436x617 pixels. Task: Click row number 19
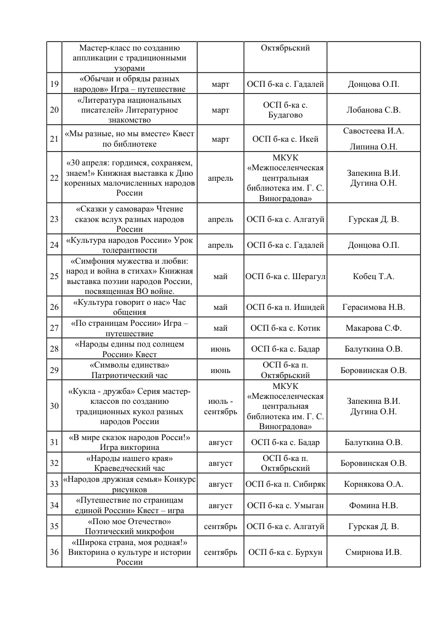pos(54,85)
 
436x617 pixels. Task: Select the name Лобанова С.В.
pos(373,110)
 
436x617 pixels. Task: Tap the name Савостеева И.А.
pos(373,131)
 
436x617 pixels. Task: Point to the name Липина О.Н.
pos(373,147)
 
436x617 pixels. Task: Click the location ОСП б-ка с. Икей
pos(285,139)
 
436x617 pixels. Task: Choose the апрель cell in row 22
pos(220,179)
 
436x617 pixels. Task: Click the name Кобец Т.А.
pos(373,276)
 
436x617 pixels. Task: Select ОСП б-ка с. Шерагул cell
pos(285,276)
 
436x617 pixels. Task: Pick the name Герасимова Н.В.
pos(373,307)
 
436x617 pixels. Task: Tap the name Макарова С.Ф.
pos(373,328)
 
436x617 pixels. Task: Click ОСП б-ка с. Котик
pos(285,328)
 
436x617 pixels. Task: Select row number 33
pos(54,484)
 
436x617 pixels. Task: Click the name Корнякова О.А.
pos(373,484)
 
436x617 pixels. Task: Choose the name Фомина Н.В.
pos(373,505)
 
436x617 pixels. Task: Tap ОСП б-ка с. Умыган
pos(285,505)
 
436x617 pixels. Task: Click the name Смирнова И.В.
pos(373,552)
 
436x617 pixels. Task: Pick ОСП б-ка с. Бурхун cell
pos(285,552)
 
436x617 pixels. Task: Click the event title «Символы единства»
pos(130,365)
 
